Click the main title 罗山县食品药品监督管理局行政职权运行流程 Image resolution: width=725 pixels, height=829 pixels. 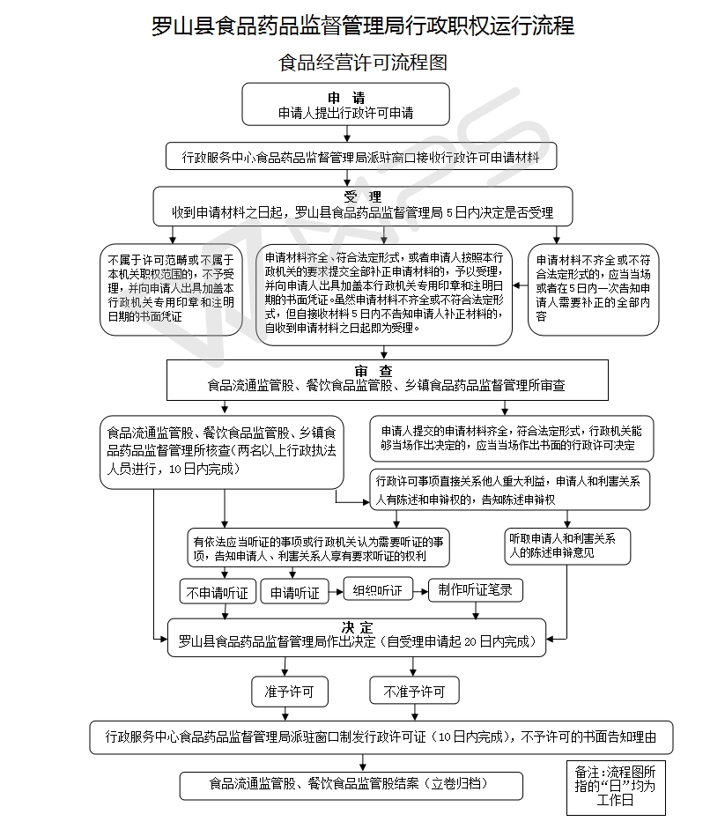click(x=362, y=26)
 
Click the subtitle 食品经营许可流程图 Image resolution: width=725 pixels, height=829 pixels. click(x=362, y=63)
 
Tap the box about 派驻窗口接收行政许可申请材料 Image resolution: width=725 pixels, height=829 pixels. click(x=362, y=156)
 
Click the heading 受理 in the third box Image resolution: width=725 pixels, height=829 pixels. click(x=362, y=196)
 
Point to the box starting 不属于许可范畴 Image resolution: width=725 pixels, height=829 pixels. click(x=171, y=289)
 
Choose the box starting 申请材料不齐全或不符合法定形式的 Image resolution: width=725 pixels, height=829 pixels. click(x=593, y=289)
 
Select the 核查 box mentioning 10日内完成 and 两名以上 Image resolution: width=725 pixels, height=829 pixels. click(x=220, y=451)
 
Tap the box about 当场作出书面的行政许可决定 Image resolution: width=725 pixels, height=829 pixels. click(x=511, y=439)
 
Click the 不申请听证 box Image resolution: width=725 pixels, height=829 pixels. click(x=218, y=593)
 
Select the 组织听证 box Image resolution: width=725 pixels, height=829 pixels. click(x=377, y=590)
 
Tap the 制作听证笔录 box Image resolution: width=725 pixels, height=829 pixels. click(x=475, y=589)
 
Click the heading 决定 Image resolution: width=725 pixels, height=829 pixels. click(x=358, y=626)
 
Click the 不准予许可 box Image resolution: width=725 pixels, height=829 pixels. click(x=414, y=692)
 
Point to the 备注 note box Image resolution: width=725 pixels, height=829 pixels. click(x=615, y=787)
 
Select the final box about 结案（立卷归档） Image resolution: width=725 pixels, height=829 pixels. click(x=350, y=783)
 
